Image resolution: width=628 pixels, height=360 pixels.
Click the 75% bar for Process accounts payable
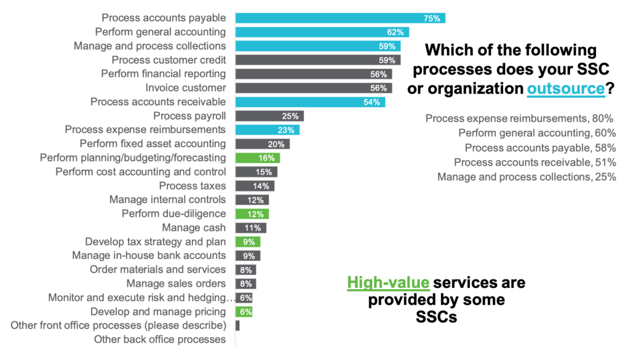(x=340, y=18)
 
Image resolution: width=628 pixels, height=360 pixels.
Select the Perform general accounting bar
(x=322, y=32)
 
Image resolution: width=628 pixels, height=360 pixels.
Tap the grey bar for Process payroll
(x=269, y=116)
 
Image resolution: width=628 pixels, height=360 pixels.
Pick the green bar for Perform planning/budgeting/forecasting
(x=258, y=158)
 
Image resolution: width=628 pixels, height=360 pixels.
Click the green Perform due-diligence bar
(x=252, y=214)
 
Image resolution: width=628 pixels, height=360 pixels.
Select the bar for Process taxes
(x=255, y=186)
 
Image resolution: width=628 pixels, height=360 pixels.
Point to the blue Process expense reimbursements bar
(x=267, y=130)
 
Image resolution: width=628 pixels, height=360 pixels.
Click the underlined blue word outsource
(x=565, y=89)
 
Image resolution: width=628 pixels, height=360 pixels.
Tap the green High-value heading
(x=388, y=283)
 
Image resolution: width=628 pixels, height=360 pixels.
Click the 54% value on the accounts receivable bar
(x=372, y=102)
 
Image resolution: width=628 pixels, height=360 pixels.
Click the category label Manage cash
(x=194, y=228)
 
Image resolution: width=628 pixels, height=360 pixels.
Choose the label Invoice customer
(x=185, y=88)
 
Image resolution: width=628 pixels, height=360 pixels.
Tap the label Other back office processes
(x=159, y=340)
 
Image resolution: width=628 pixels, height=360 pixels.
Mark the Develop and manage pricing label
(x=158, y=312)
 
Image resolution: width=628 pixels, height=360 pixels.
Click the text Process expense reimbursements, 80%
(x=519, y=119)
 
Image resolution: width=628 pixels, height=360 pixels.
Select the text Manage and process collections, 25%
(x=526, y=177)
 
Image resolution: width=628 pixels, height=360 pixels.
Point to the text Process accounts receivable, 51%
(x=534, y=162)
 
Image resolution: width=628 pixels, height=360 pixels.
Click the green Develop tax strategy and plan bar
(x=248, y=242)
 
